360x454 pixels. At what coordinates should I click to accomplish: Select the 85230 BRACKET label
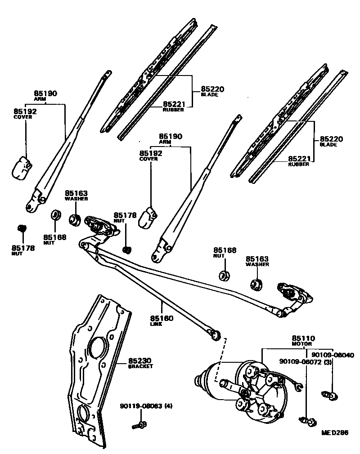tap(141, 362)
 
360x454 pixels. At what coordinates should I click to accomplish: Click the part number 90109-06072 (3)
tap(306, 362)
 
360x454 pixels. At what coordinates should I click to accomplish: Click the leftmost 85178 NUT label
tap(23, 249)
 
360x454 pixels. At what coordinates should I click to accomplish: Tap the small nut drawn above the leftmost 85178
tap(20, 228)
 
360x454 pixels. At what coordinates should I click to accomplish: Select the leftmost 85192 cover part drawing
tap(20, 168)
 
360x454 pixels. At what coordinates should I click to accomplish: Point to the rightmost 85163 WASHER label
tap(257, 261)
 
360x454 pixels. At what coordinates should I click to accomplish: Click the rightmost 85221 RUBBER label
tap(299, 161)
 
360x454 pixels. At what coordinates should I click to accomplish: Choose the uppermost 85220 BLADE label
tap(209, 91)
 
